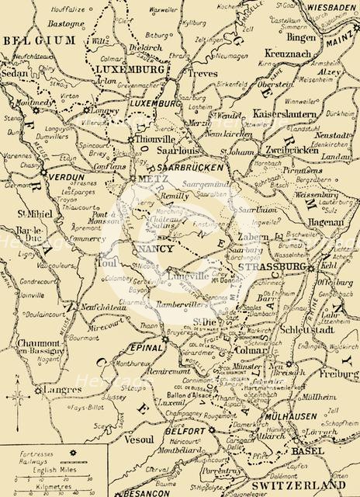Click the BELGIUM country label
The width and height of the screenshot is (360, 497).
(x=37, y=38)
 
